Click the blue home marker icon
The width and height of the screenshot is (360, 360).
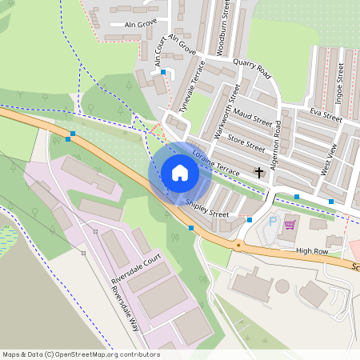coord(180,173)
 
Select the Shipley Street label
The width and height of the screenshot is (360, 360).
coord(207,209)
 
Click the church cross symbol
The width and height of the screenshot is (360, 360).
coord(259,172)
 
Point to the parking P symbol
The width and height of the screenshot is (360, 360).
coord(273,222)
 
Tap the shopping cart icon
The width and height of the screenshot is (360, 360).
coord(289,224)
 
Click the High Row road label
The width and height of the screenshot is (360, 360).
coord(313,251)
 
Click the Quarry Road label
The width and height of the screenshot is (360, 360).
coord(253,70)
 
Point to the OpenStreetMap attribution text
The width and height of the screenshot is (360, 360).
coord(80,354)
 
